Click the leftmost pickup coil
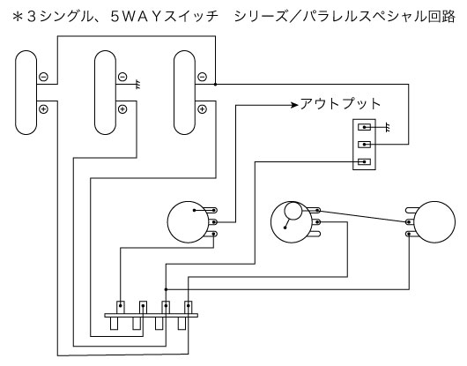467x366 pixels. tap(26, 93)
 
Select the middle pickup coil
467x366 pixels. tap(105, 93)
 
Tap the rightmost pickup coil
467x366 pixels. tap(184, 93)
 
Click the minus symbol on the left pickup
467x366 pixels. tap(43, 77)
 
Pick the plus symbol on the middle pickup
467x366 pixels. tap(122, 109)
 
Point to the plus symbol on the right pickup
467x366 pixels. tap(203, 109)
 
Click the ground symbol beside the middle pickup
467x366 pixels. tap(138, 85)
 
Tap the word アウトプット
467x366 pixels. tap(340, 104)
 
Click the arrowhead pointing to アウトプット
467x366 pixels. tap(294, 105)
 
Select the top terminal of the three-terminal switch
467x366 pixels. tap(364, 127)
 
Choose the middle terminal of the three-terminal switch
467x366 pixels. tap(364, 145)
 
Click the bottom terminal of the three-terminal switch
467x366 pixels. tap(364, 162)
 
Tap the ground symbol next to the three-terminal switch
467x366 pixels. tap(387, 128)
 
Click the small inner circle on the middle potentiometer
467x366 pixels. tap(293, 211)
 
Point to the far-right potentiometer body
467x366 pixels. tap(434, 222)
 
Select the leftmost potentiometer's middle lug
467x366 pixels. tap(212, 222)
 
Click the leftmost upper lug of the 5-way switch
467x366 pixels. tap(121, 307)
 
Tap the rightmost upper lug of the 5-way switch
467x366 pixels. tap(188, 307)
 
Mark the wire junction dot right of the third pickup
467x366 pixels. tap(215, 85)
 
